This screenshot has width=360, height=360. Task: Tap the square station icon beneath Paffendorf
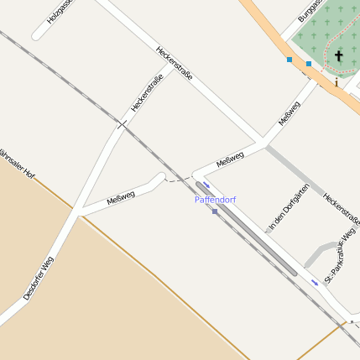pos(215,211)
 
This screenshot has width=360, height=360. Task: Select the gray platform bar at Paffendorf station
pos(247,228)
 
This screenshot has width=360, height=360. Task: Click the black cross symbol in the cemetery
pos(340,56)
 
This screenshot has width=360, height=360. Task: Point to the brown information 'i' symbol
pos(337,82)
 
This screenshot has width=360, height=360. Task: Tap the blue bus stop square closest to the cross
pos(309,64)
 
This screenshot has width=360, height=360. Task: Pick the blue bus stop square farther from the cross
pos(290,60)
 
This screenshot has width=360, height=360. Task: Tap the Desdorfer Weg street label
pos(39,278)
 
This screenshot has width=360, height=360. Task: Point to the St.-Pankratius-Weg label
pos(340,255)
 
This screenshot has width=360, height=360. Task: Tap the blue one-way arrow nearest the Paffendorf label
pos(206,185)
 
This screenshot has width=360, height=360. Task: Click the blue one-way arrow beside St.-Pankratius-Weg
pos(316,282)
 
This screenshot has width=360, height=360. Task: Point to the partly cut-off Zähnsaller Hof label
pos(17,164)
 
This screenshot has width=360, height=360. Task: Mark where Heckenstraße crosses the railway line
pos(121,125)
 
